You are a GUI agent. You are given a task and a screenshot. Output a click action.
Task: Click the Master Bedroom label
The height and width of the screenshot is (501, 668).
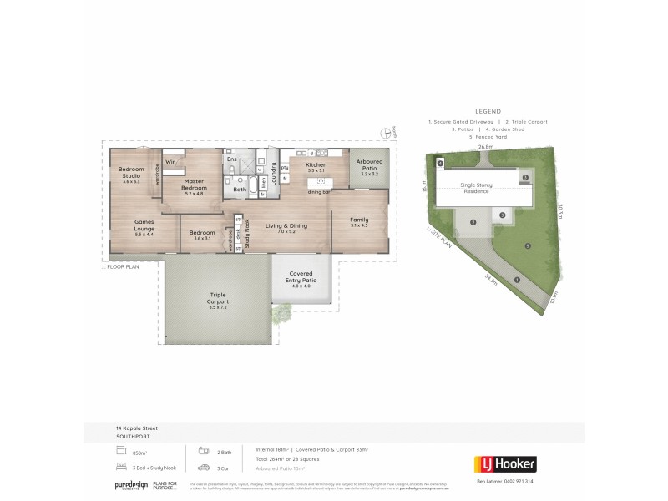pyautogui.click(x=194, y=185)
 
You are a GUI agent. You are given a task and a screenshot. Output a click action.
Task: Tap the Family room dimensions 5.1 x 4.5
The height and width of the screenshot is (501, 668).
pyautogui.click(x=359, y=225)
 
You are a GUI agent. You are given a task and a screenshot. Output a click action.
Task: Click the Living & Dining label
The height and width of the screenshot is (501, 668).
pyautogui.click(x=281, y=225)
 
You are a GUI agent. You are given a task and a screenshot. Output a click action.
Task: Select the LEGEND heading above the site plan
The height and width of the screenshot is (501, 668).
pyautogui.click(x=488, y=111)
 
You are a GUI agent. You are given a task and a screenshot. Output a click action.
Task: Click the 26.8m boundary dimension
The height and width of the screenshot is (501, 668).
pyautogui.click(x=485, y=146)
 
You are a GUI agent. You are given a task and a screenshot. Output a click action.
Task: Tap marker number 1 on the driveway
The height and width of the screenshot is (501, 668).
pyautogui.click(x=517, y=280)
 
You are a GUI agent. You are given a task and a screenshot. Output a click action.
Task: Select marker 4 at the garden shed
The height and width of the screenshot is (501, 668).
pyautogui.click(x=440, y=164)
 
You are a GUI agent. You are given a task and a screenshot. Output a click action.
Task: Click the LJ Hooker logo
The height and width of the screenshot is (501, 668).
pyautogui.click(x=504, y=463)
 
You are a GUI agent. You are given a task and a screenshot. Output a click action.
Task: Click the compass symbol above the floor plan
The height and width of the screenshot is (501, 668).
pyautogui.click(x=384, y=131)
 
